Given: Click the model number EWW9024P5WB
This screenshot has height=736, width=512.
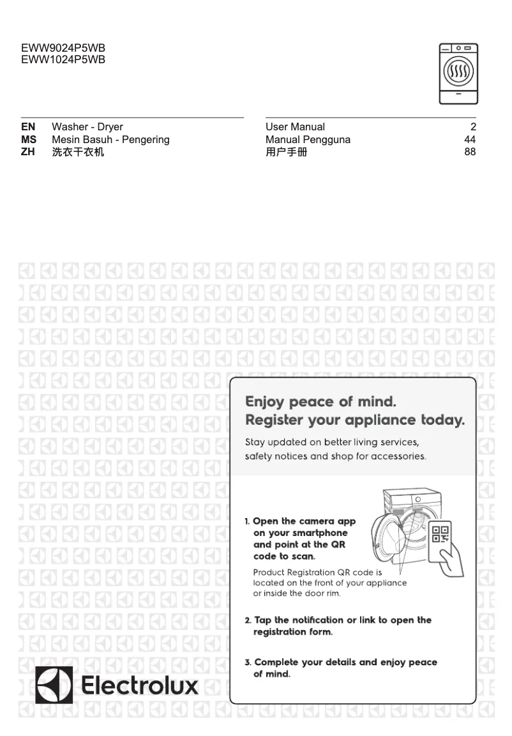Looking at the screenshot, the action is click(63, 49).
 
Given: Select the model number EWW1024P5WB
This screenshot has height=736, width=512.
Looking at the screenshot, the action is click(63, 60).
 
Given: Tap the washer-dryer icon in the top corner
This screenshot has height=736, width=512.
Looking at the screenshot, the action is click(458, 73).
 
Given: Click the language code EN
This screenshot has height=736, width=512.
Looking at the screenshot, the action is click(28, 127).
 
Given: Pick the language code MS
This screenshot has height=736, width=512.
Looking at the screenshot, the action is click(29, 140).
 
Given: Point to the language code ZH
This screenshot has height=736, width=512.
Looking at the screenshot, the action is click(28, 153).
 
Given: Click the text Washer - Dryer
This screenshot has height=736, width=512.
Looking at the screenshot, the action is click(87, 127).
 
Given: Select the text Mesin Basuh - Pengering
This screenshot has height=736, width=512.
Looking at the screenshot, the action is click(110, 140).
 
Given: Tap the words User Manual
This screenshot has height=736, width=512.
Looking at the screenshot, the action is click(295, 127).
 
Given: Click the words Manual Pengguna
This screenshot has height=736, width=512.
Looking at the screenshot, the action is click(308, 140).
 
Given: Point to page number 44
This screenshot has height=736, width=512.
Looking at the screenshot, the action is click(470, 140).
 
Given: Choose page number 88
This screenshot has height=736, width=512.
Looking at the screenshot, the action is click(470, 153).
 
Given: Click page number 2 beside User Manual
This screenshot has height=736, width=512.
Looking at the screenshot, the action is click(473, 127).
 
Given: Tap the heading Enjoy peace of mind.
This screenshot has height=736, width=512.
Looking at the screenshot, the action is click(321, 402).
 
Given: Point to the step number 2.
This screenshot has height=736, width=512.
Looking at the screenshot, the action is click(248, 620).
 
